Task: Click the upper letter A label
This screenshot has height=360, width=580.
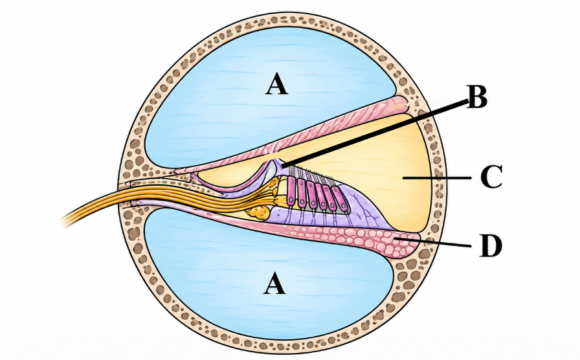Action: tap(276, 84)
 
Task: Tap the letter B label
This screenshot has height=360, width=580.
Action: tap(477, 96)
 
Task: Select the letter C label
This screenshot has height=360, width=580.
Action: tap(491, 177)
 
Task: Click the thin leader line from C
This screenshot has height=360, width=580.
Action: tap(436, 177)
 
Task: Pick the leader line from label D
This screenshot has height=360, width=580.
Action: tap(434, 242)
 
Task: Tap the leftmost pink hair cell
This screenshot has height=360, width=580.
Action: tap(292, 190)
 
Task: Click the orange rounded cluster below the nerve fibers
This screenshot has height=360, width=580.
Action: tap(258, 212)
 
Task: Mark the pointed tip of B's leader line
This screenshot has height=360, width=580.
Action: tap(281, 168)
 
